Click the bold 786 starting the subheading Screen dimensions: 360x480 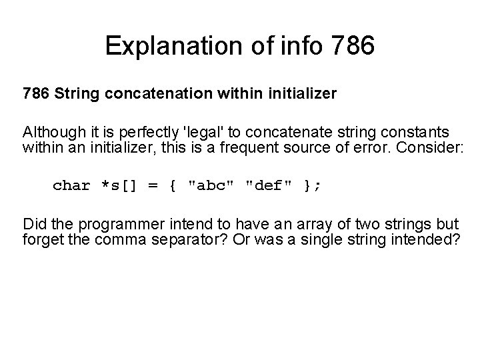click(36, 95)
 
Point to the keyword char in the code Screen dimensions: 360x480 click(71, 185)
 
